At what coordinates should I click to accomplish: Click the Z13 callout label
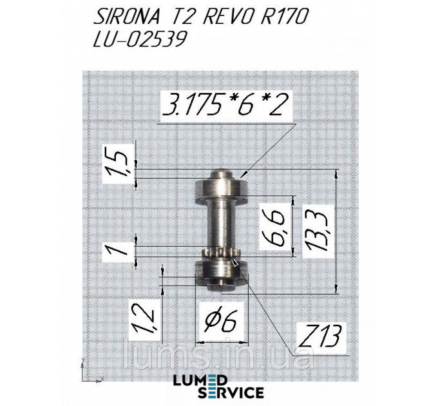[x=319, y=335]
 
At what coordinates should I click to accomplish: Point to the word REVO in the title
[x=226, y=17]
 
